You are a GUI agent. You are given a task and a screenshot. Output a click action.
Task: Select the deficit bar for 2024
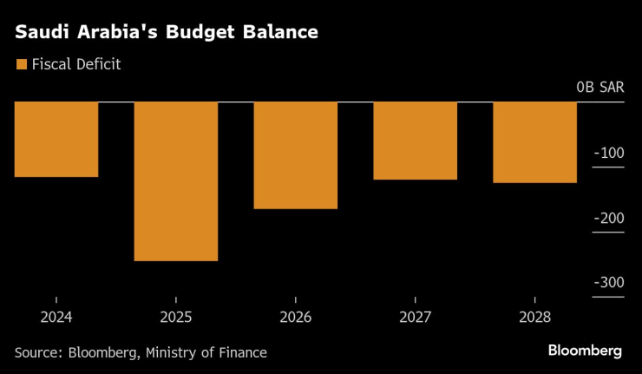(56, 140)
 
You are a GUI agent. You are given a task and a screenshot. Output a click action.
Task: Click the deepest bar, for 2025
(176, 181)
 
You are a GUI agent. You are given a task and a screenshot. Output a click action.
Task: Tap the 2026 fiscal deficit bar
(296, 155)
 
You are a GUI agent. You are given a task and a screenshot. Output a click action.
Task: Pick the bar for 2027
(416, 141)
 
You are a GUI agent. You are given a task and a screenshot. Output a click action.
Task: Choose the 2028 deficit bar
(535, 142)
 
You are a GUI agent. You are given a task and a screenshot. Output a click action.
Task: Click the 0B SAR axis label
(599, 88)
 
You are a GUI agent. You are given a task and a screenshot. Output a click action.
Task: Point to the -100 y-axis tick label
(608, 153)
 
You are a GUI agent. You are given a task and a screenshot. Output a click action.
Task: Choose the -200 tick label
(608, 218)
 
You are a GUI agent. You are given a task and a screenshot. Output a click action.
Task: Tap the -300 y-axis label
(608, 283)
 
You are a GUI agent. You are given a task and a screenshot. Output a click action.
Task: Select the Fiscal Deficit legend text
(75, 63)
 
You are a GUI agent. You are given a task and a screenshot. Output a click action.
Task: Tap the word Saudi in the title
(40, 33)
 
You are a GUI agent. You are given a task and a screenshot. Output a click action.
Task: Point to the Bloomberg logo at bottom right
(585, 351)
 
